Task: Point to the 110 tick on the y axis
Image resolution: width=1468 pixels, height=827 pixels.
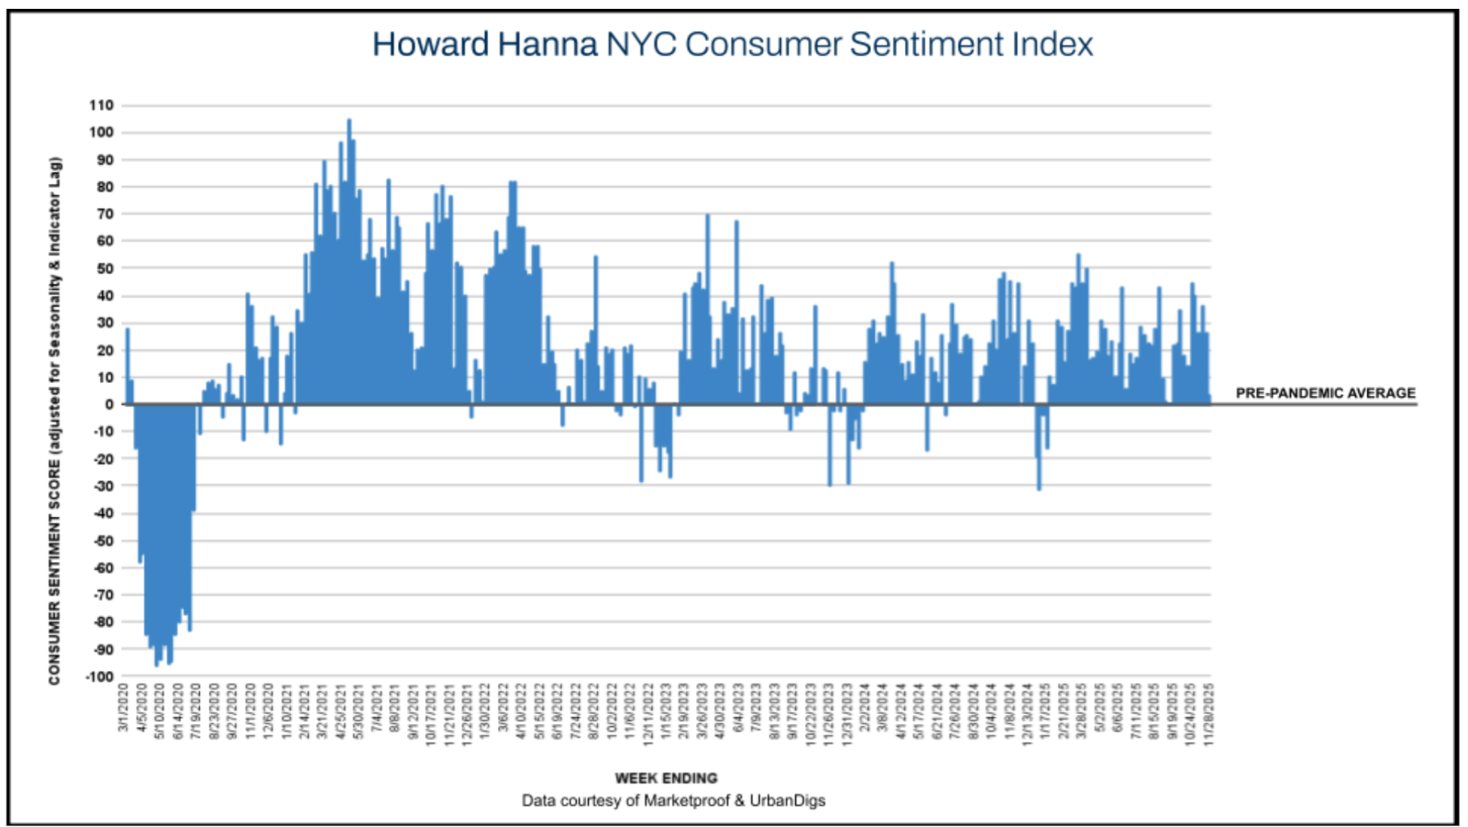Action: [102, 106]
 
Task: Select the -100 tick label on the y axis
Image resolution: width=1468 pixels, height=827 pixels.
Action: [99, 676]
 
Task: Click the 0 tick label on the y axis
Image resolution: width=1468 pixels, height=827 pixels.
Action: [109, 405]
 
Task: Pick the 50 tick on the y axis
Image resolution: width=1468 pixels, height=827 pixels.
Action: [105, 268]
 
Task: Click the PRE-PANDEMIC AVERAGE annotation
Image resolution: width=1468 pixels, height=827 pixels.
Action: [1325, 393]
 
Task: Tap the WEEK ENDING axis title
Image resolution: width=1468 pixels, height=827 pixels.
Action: [666, 778]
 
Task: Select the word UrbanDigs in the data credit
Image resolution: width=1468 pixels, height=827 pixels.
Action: [787, 800]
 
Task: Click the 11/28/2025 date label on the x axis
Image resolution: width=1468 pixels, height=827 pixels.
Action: [1208, 714]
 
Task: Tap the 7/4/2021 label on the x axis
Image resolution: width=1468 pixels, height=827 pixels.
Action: [377, 707]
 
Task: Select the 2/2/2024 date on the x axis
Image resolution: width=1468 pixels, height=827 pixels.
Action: [865, 707]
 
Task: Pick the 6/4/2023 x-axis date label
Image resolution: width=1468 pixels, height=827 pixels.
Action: [739, 707]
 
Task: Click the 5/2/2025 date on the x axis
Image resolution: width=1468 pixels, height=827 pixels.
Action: [1100, 707]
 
